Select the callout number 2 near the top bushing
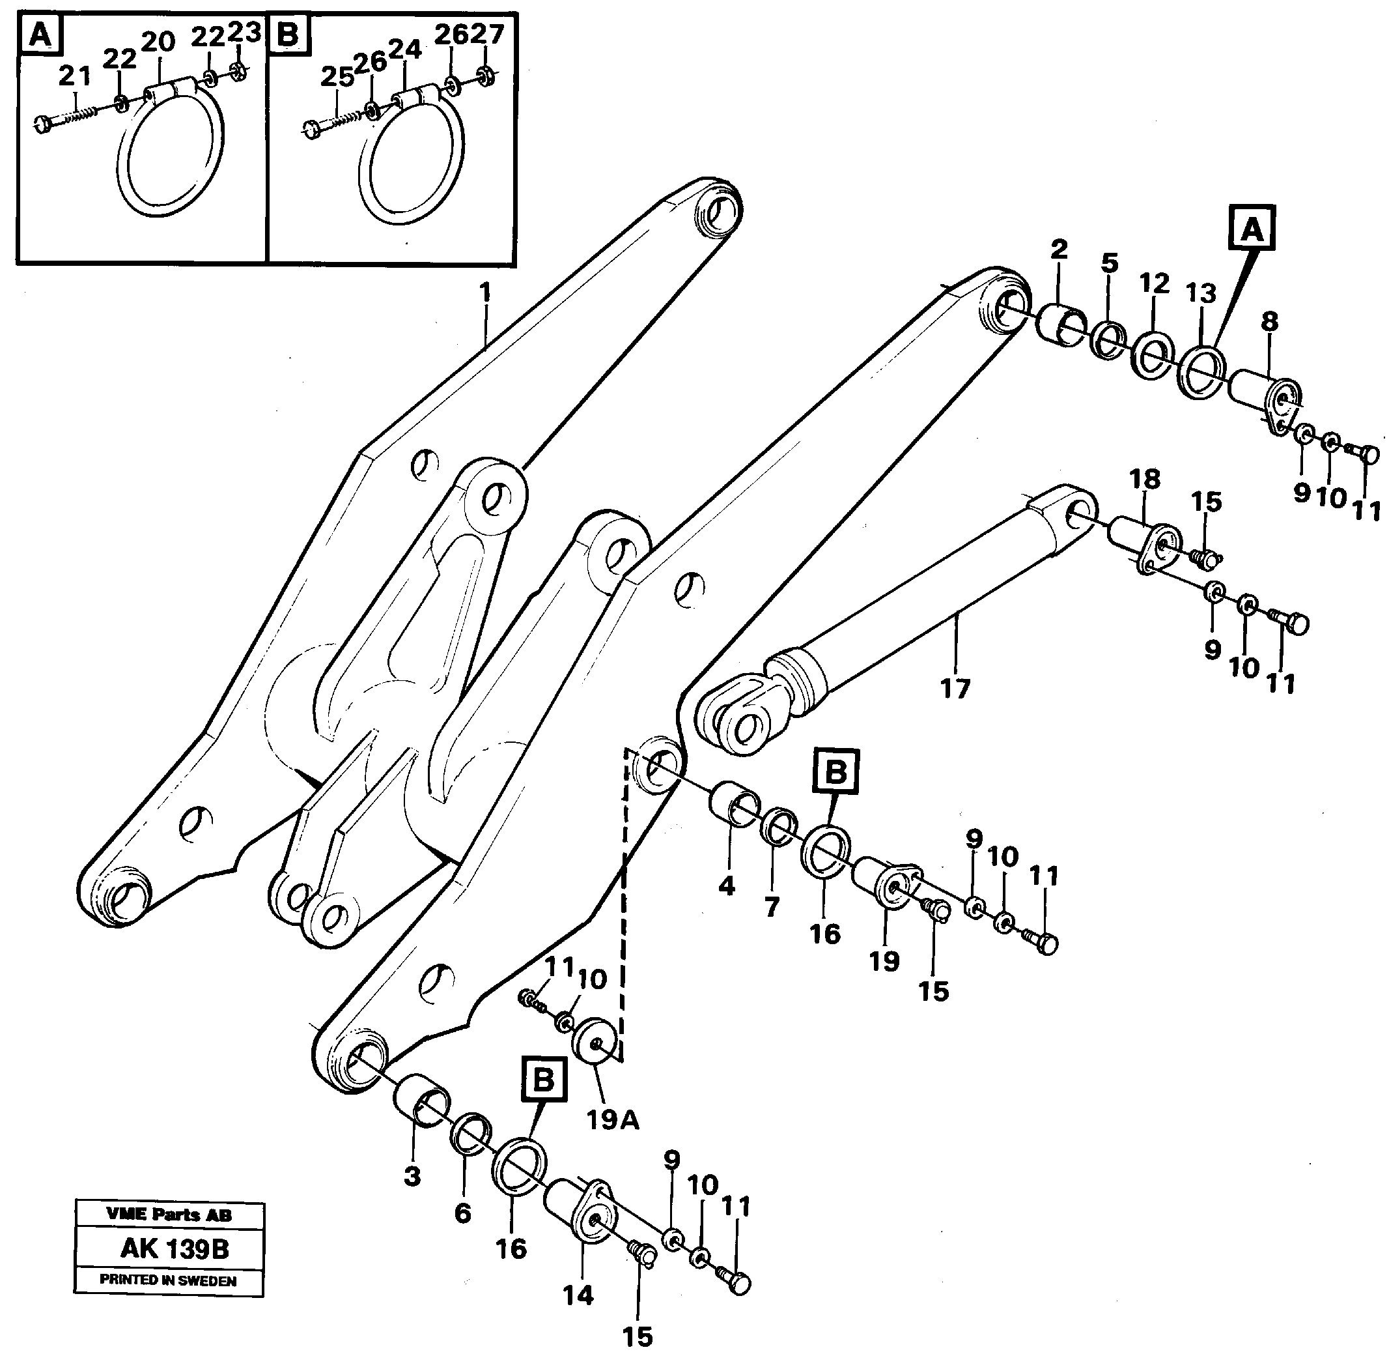pos(1058,249)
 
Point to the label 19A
pos(612,1121)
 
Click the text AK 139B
pos(175,1248)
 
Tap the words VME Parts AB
pos(169,1215)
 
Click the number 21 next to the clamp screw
pos(75,75)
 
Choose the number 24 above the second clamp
pos(404,50)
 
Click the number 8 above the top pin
pos(1270,321)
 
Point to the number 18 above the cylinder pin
pos(1144,479)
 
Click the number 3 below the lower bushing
pos(412,1176)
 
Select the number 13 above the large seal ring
pos(1201,293)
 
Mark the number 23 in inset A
pos(245,32)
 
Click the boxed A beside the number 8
pos(1252,229)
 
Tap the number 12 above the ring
pos(1154,283)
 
